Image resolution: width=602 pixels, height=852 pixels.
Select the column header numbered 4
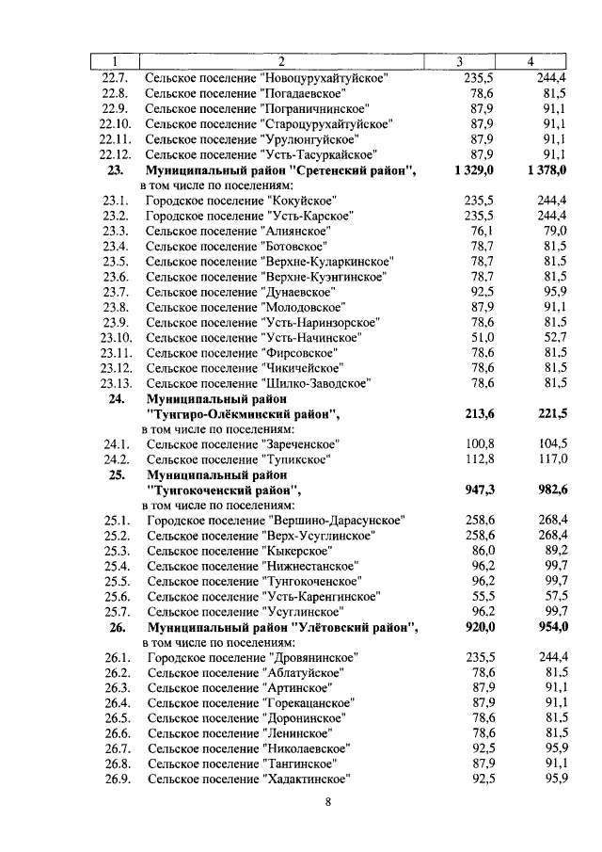click(x=531, y=62)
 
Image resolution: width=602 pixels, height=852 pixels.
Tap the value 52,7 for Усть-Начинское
click(x=554, y=337)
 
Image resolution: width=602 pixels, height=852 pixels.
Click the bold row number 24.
click(x=117, y=398)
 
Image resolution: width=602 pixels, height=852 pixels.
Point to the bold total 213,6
click(x=480, y=413)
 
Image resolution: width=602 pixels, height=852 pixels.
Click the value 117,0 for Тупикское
click(x=552, y=458)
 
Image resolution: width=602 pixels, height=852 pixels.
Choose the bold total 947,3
click(x=480, y=490)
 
